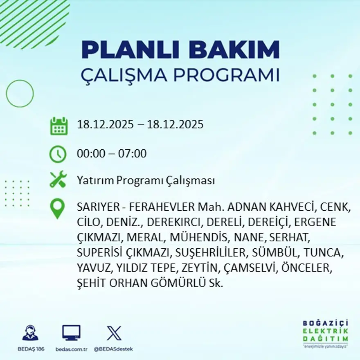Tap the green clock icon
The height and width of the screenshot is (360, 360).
click(x=58, y=154)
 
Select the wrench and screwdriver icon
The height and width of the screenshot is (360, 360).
click(x=58, y=180)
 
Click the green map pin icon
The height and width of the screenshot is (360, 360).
click(x=58, y=208)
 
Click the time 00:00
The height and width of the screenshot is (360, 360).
click(x=90, y=154)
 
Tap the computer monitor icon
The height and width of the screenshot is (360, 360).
click(x=71, y=333)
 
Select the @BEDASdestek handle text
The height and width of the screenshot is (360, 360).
click(x=113, y=349)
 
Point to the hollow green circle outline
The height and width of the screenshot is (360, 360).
click(x=20, y=94)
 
